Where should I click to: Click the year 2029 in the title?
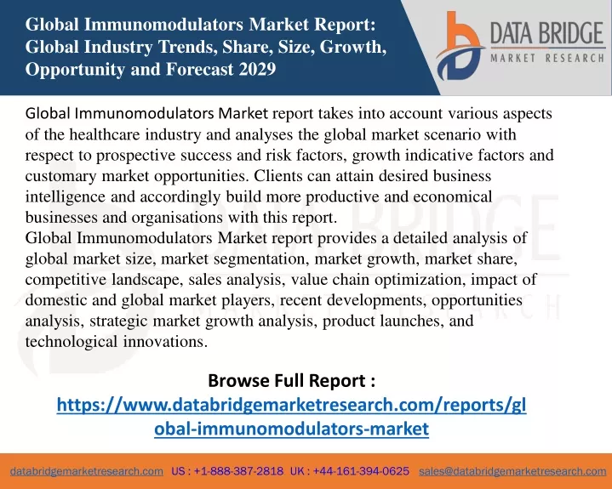point(257,70)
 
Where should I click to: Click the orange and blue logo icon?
point(460,46)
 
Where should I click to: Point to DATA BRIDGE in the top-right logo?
point(546,33)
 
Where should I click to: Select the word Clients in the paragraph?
point(277,176)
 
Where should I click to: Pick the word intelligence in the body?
point(66,197)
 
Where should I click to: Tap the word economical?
point(452,196)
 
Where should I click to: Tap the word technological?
point(71,342)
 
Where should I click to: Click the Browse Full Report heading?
point(292,381)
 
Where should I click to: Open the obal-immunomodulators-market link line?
point(292,429)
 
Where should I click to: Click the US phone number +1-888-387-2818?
point(238,471)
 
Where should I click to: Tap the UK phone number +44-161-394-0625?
point(361,471)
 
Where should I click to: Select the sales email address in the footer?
point(512,471)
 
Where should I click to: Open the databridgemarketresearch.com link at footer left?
point(87,471)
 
